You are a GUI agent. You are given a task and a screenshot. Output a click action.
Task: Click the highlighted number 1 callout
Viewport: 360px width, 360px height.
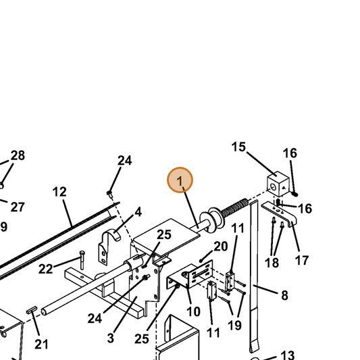(x=180, y=180)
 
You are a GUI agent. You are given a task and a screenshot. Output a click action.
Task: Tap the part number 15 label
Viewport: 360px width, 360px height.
(x=238, y=147)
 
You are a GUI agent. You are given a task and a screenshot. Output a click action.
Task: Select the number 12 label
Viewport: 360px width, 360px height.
(x=59, y=192)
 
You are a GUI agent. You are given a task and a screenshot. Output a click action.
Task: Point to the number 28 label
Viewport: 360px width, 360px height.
(x=18, y=155)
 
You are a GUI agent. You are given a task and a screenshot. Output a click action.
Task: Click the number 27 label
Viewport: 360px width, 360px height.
(x=18, y=207)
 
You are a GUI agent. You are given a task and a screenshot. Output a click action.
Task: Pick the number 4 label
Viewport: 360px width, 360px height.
(x=138, y=212)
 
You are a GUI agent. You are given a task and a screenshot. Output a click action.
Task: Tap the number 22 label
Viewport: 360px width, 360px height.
(x=45, y=269)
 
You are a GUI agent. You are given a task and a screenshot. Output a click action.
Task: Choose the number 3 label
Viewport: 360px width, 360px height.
(x=111, y=338)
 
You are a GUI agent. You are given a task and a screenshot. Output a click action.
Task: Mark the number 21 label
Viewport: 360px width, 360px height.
(x=42, y=344)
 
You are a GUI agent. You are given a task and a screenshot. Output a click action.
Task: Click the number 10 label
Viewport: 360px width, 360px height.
(x=193, y=311)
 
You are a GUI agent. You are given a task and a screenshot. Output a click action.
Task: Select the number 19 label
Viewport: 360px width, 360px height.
(x=234, y=326)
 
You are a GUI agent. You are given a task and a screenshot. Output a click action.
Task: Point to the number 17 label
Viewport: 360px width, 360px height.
(x=302, y=260)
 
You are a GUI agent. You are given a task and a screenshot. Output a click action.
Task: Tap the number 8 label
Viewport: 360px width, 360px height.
(x=285, y=295)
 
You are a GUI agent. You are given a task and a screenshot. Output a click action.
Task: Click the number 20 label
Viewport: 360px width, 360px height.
(x=221, y=247)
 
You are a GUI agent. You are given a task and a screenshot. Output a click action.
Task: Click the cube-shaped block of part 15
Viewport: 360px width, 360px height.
(x=278, y=184)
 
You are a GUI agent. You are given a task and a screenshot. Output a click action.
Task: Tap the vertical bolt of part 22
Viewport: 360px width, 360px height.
(x=82, y=260)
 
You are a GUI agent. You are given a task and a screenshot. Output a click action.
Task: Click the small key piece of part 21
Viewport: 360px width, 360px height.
(x=32, y=310)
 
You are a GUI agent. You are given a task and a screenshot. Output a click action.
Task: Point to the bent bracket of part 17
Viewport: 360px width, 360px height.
(x=279, y=214)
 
